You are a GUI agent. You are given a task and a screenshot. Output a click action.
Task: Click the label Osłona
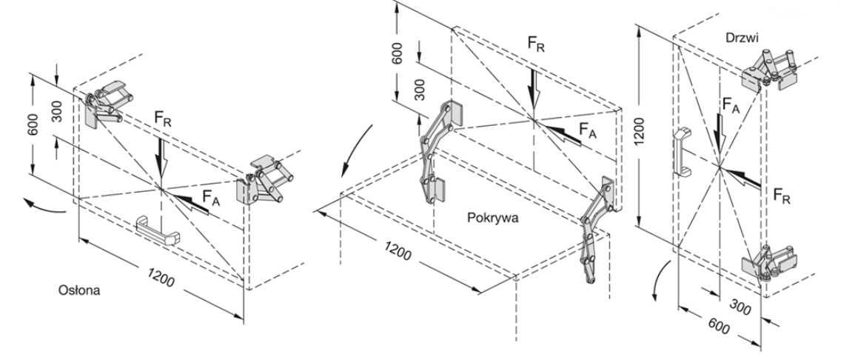pos(79,290)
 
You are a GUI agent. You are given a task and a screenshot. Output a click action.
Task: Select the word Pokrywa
pos(492,219)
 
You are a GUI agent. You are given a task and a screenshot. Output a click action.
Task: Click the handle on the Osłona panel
pos(158,230)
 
